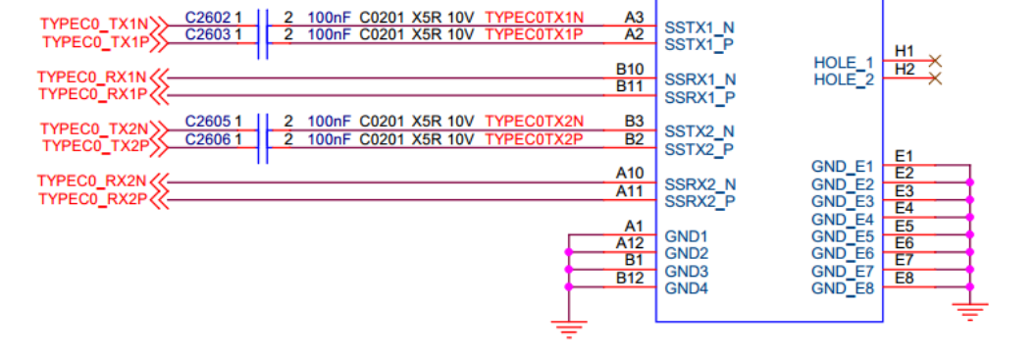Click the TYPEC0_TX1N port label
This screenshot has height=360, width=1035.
coord(94,24)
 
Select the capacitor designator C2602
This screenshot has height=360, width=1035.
coord(208,17)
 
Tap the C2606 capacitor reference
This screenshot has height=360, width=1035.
coord(208,138)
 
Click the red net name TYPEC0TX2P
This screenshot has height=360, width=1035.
coord(535,138)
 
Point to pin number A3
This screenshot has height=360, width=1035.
coord(634,17)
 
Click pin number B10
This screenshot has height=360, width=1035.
coord(630,69)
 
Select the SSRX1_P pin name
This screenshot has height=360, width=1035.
coord(699,98)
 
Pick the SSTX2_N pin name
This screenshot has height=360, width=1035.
coord(699,130)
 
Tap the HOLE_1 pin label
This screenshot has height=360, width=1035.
coord(844,63)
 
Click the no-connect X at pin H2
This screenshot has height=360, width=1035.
coord(935,79)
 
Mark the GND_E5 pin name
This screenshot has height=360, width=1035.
coord(843,236)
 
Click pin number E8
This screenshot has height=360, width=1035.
coord(905,278)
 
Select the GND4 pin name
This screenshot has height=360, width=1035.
coord(687,288)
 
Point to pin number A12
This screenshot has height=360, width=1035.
coord(630,243)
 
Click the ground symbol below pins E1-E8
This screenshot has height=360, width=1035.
coord(969,311)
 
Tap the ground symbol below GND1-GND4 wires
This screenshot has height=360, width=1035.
coord(568,329)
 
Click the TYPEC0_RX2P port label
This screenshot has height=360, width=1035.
coord(92,199)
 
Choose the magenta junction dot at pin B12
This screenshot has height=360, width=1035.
coord(568,286)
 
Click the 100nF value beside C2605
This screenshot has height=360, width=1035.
coord(330,122)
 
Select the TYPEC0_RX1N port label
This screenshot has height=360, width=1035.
coord(92,77)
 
